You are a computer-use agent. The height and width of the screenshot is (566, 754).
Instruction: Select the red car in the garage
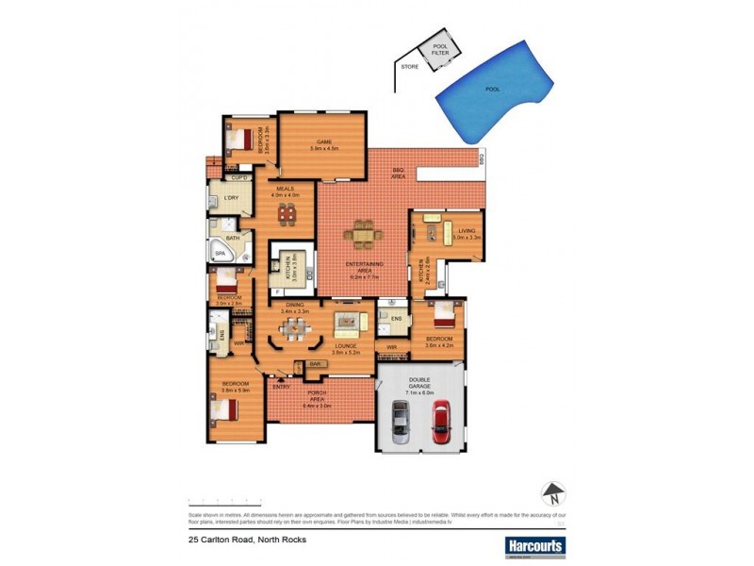pyautogui.click(x=440, y=421)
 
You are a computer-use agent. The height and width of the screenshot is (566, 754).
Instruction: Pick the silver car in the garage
pyautogui.click(x=400, y=421)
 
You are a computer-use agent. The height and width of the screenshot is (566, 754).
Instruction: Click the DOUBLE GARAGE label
pyautogui.click(x=420, y=384)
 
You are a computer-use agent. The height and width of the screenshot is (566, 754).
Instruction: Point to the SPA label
pyautogui.click(x=221, y=253)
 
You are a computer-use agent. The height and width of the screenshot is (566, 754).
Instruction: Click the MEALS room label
pyautogui.click(x=285, y=189)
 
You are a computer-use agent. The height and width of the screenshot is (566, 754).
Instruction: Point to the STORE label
pyautogui.click(x=409, y=68)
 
